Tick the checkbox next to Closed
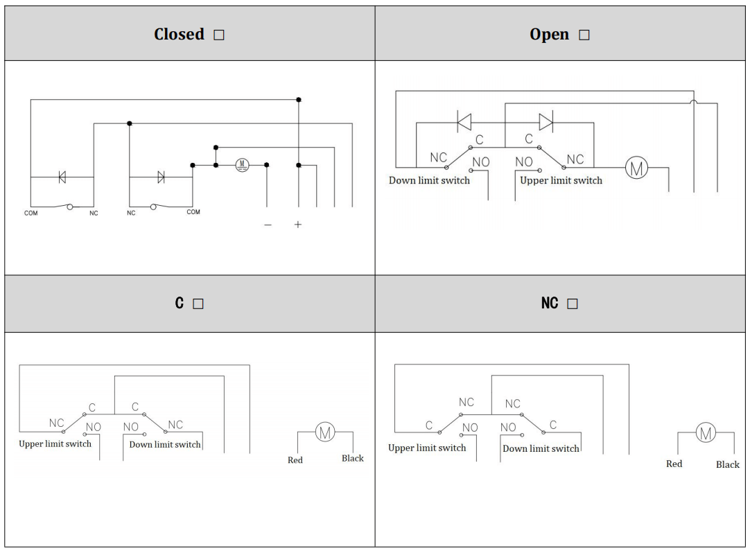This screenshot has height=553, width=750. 219,35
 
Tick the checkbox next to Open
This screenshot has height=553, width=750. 584,35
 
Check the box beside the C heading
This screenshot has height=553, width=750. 198,304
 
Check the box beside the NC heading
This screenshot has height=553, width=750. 572,304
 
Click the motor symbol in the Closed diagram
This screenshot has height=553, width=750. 241,165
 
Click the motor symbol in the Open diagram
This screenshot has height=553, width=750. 636,168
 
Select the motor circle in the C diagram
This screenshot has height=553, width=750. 325,432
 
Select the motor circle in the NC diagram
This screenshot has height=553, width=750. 706,434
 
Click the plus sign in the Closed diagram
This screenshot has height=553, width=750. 298,225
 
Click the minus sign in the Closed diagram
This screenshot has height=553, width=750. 268,225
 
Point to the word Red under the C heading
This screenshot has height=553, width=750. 295,460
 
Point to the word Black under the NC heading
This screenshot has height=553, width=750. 728,464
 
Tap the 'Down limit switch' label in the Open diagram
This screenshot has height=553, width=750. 429,181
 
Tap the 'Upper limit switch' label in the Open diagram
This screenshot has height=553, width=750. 561,181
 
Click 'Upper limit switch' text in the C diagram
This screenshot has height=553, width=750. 55,444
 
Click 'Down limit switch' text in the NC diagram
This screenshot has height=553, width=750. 541,449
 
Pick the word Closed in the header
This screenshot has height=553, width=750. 179,35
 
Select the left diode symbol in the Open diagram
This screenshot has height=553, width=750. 464,122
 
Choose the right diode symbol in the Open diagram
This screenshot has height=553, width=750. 546,122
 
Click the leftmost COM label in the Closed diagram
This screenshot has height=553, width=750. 31,213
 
